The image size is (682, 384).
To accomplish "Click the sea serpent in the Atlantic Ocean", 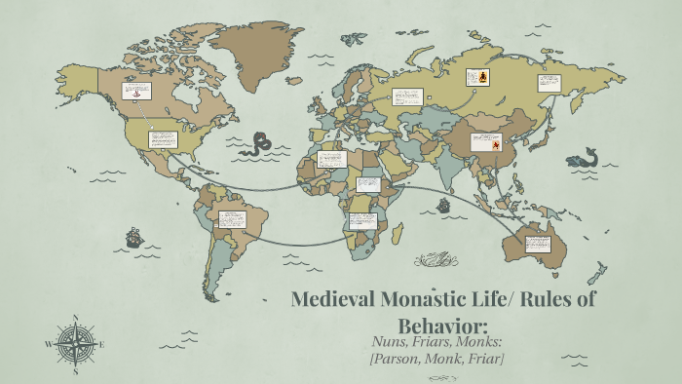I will [x=260, y=145].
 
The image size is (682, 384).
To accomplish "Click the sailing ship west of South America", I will [x=133, y=237].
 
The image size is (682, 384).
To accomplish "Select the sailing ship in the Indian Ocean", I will [x=443, y=206].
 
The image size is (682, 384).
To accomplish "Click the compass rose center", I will [x=74, y=343].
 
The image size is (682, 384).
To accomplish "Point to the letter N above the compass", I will [x=75, y=317].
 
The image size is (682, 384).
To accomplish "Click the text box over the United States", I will [x=162, y=139].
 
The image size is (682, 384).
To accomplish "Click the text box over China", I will [x=486, y=142].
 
